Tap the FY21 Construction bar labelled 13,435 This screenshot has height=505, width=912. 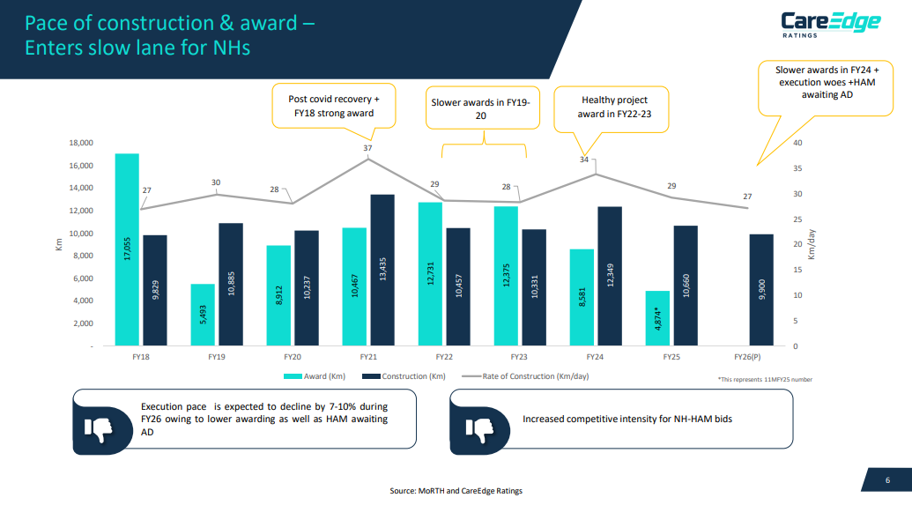[382, 270]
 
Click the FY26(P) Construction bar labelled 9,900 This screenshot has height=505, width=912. [760, 289]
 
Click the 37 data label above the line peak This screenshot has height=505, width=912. [367, 149]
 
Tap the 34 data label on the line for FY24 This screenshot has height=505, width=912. [584, 160]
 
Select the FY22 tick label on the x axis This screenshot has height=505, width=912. [445, 359]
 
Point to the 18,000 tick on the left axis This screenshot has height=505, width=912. [80, 143]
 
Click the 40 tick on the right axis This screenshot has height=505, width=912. [797, 143]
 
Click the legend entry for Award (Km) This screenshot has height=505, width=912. [317, 376]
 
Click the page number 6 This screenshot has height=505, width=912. [887, 479]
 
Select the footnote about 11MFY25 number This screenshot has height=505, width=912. [765, 379]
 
